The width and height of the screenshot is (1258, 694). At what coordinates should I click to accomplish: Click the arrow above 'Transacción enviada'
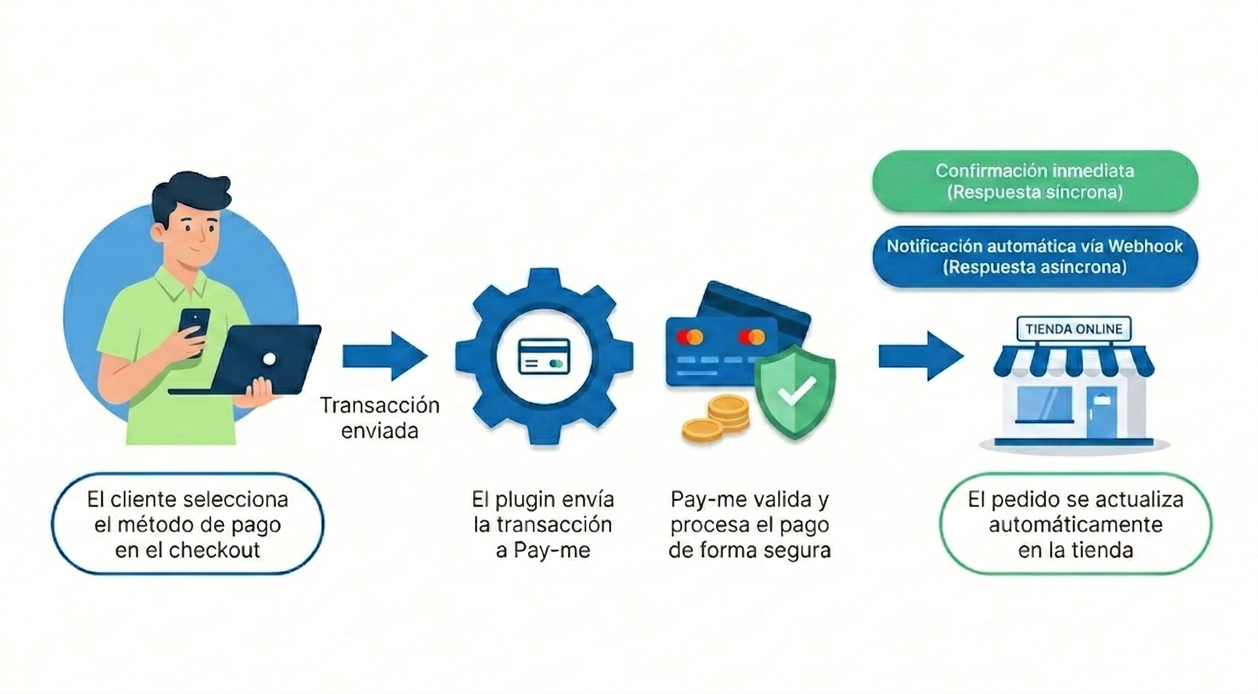point(385,356)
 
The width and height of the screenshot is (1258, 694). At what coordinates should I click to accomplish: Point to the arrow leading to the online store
point(920,356)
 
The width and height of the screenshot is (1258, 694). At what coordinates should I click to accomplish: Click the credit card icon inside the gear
point(544,356)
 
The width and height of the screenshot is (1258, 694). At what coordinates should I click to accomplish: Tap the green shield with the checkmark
point(794,391)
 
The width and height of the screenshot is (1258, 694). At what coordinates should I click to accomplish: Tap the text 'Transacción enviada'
point(380,418)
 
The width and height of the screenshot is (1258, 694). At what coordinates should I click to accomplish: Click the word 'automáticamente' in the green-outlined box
point(1075,525)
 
